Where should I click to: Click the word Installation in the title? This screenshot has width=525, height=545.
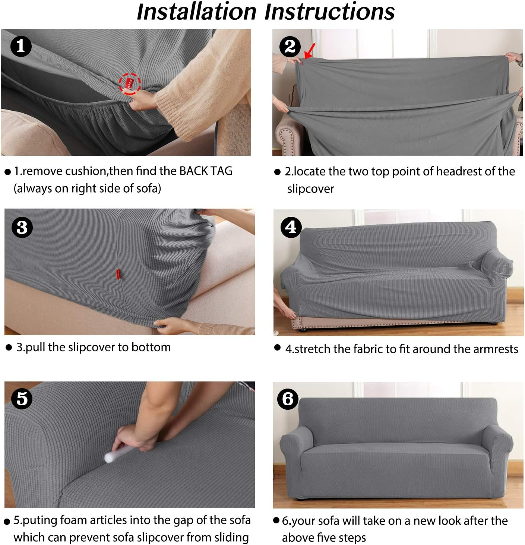point(196,12)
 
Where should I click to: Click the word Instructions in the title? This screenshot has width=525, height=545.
point(329,12)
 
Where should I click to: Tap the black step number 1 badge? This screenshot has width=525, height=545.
point(21,46)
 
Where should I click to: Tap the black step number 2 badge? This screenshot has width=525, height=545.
point(290,47)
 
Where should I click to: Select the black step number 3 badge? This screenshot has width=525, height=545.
point(22,227)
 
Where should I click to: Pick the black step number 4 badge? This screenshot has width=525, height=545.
point(291,227)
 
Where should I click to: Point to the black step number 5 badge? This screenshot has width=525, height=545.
point(22,399)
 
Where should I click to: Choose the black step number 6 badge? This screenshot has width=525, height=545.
point(288,399)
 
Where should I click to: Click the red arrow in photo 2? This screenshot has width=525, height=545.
point(310,51)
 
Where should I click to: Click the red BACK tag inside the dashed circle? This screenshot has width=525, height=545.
point(130,83)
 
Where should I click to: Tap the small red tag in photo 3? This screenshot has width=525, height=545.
point(118,274)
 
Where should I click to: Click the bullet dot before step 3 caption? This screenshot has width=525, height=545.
point(9,348)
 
